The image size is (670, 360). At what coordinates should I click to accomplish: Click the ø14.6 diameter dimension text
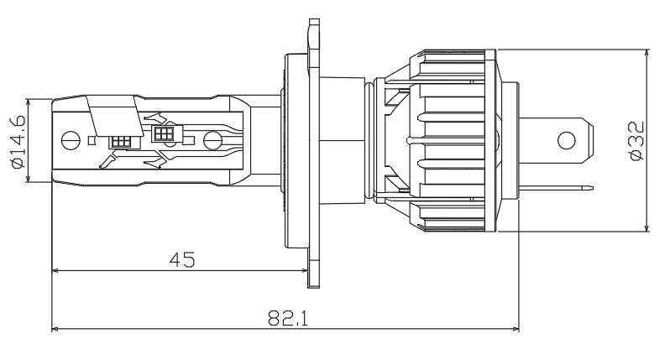[18, 140]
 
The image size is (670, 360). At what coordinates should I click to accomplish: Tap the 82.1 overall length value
[286, 318]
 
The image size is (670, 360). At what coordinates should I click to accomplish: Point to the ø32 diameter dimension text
[636, 140]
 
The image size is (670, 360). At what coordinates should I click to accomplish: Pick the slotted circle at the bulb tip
[71, 140]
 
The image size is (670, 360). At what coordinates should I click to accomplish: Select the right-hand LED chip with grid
[163, 133]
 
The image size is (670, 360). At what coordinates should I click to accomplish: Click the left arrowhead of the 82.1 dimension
[55, 329]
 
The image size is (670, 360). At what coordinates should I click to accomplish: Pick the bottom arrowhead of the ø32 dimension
[646, 230]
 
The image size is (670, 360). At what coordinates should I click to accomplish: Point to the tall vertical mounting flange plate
[315, 151]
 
